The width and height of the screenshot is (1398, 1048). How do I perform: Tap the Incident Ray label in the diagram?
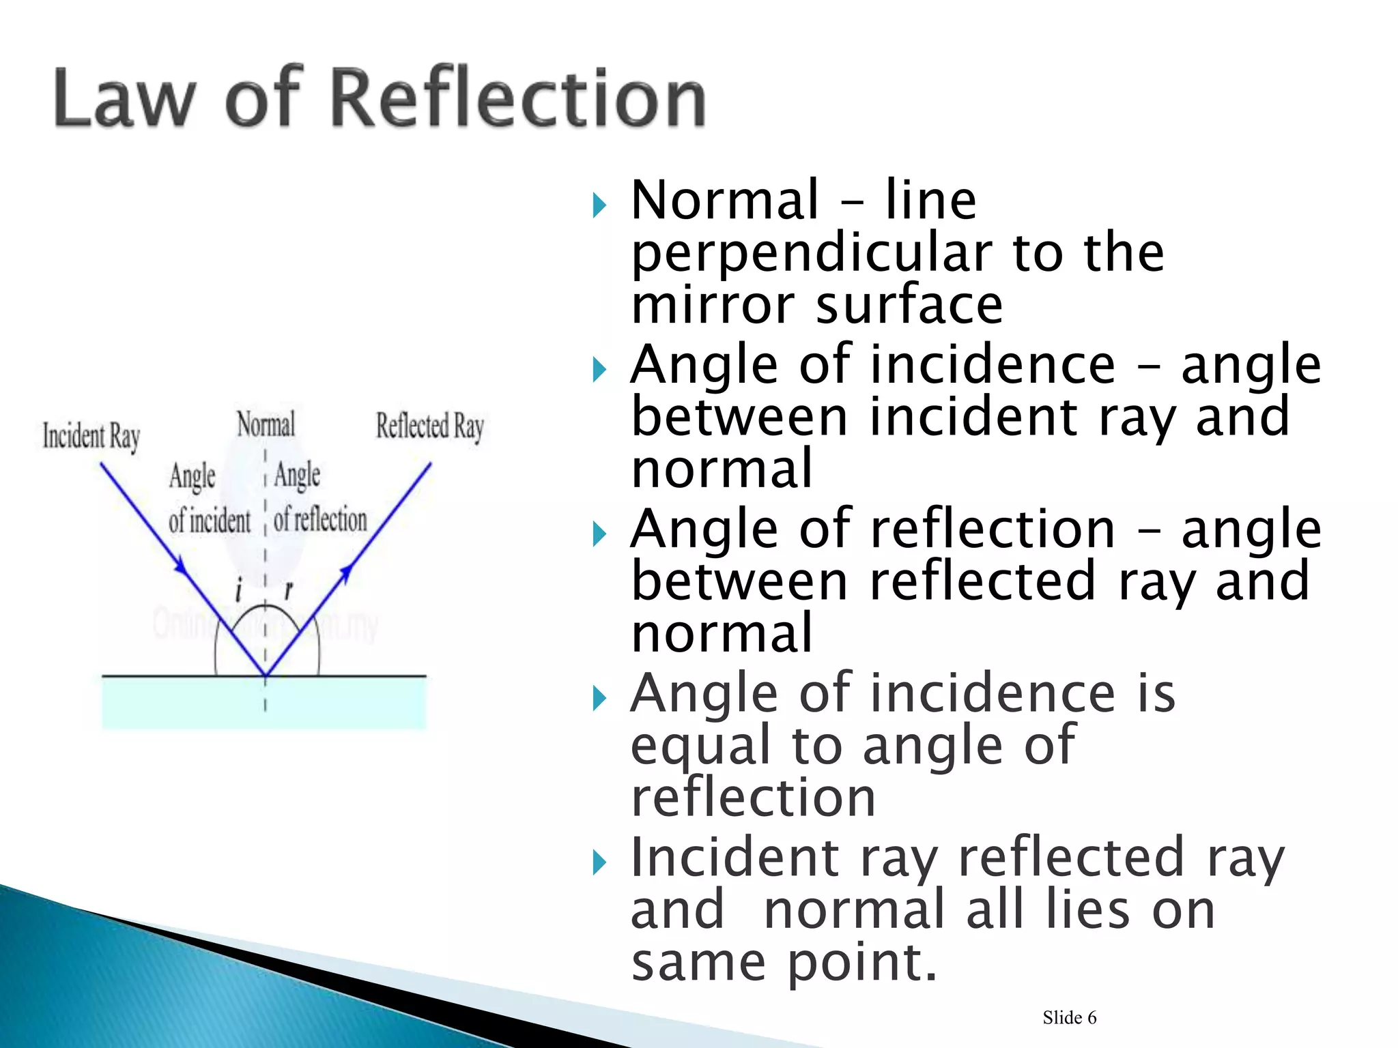[91, 436]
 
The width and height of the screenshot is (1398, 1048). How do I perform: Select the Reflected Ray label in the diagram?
[430, 426]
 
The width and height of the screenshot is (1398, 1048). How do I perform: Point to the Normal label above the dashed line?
[266, 424]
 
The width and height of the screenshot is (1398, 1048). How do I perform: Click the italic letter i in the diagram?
[238, 589]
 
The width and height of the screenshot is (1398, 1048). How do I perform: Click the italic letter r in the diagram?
[289, 589]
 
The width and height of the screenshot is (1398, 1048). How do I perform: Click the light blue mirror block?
[263, 703]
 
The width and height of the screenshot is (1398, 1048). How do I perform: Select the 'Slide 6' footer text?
[1069, 1017]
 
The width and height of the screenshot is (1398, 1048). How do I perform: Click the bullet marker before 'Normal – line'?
[599, 205]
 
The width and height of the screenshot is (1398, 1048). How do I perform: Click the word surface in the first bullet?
[909, 304]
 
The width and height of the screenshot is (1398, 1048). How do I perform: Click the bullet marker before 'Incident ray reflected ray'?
[599, 863]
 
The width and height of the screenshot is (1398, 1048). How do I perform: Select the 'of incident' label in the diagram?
[210, 521]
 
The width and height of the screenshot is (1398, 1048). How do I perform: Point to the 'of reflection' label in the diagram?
[320, 519]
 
